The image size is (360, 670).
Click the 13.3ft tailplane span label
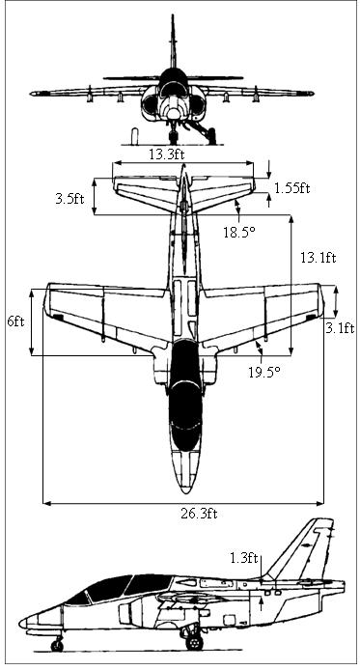(167, 154)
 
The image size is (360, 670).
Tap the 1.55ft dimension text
(291, 187)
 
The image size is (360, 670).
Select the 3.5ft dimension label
(69, 198)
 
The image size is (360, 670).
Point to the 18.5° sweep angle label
(239, 232)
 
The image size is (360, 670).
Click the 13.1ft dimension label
(318, 258)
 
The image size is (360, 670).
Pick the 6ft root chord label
(15, 321)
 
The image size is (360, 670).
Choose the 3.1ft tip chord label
(340, 328)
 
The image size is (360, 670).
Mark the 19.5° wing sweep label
(264, 372)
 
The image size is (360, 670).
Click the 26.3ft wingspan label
(199, 514)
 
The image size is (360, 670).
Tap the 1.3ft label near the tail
(244, 558)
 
